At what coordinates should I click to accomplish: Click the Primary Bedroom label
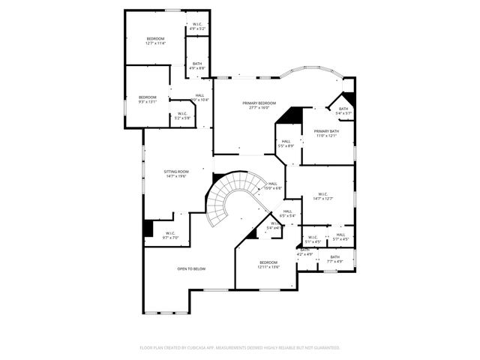(x=259, y=103)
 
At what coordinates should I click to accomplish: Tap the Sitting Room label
(x=177, y=172)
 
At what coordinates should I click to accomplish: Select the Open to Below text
(x=191, y=268)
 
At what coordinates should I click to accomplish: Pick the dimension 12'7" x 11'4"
(x=155, y=43)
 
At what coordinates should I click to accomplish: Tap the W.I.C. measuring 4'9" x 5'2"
(x=197, y=26)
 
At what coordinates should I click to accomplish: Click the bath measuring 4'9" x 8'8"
(x=197, y=66)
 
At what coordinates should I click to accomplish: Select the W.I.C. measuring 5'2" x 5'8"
(x=182, y=115)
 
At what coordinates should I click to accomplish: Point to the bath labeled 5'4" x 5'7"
(x=343, y=111)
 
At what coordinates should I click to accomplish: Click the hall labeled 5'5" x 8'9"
(x=286, y=142)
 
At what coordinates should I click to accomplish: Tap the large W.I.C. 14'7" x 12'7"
(x=322, y=196)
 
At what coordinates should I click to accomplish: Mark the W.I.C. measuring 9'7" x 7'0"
(x=170, y=235)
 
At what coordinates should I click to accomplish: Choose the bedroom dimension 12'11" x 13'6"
(x=268, y=265)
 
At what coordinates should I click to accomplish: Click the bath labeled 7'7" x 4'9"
(x=334, y=259)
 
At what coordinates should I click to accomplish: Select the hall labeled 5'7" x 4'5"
(x=340, y=237)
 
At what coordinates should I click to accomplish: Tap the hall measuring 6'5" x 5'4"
(x=288, y=214)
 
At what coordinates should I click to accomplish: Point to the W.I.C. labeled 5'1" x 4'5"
(x=313, y=239)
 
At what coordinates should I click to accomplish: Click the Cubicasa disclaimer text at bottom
(x=240, y=348)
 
